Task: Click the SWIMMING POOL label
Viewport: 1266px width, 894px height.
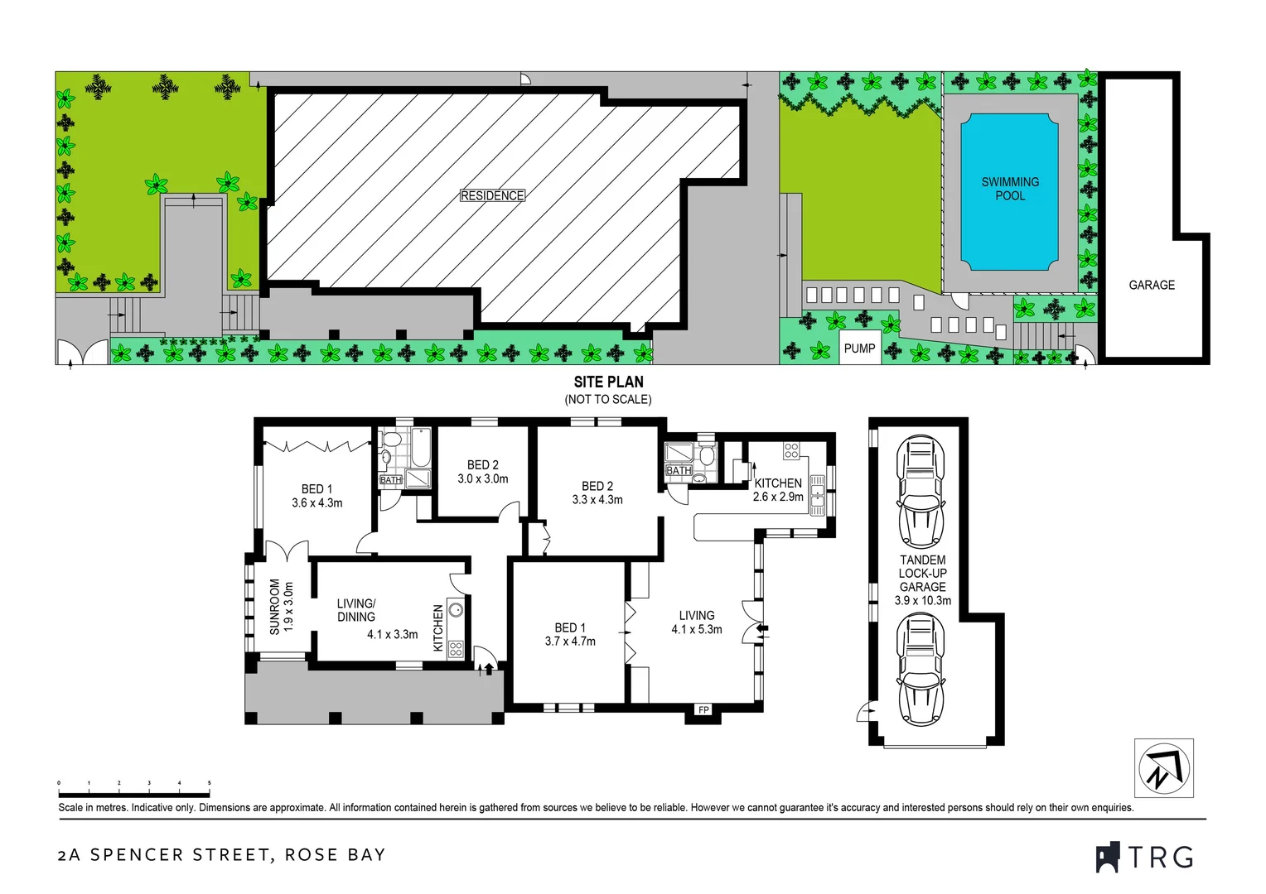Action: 1009,189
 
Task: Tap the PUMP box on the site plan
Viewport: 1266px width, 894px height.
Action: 859,348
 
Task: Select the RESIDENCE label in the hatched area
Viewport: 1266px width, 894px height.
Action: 492,196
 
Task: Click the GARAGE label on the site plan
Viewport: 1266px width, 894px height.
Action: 1151,285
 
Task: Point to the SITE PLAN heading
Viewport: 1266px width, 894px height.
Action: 608,382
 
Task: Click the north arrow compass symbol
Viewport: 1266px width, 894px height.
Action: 1163,768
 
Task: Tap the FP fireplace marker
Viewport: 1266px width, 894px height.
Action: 703,709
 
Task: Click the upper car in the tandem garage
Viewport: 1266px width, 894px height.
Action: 921,492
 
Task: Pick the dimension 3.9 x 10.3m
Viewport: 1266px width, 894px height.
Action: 922,601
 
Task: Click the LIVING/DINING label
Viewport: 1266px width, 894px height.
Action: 356,610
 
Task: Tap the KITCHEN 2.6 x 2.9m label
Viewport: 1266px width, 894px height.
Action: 778,490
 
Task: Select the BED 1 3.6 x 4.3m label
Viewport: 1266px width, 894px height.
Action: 316,496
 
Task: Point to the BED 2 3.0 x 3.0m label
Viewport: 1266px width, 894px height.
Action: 483,472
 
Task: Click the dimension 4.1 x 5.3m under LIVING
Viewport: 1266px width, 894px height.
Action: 696,630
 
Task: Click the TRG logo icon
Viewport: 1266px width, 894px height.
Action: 1108,858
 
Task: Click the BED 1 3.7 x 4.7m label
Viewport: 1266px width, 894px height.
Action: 570,635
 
